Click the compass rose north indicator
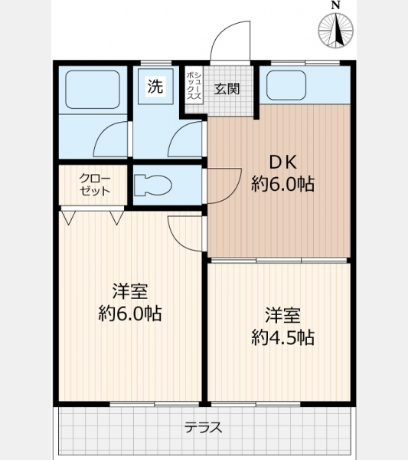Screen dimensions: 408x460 [x=335, y=31]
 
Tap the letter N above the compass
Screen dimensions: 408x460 [x=336, y=5]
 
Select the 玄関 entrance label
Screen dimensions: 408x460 [x=227, y=89]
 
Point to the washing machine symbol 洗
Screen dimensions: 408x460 [x=155, y=86]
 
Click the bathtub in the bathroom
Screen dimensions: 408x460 [x=93, y=90]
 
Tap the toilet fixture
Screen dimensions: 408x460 [x=152, y=185]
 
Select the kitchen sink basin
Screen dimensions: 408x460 [x=286, y=86]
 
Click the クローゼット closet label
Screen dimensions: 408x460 [x=95, y=185]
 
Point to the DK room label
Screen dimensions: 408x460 [x=283, y=163]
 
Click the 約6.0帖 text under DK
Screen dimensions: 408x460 [x=283, y=184]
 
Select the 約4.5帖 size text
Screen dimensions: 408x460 [x=283, y=337]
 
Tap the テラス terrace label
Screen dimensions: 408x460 [x=204, y=428]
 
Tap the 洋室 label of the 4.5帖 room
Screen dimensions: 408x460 [x=283, y=315]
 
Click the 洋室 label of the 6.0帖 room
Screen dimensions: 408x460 [x=130, y=291]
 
